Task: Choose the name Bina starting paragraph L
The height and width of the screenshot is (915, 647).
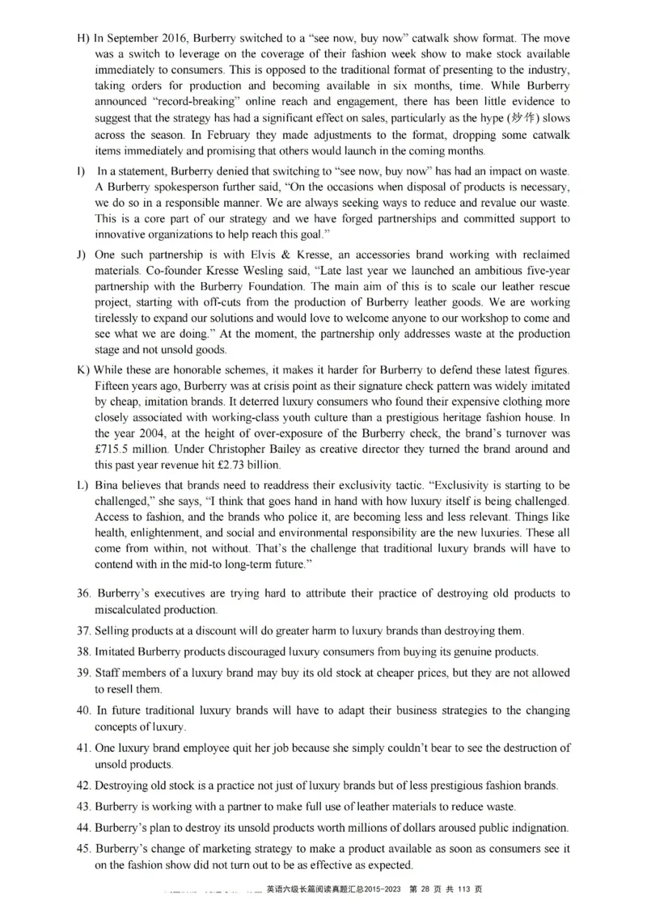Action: pyautogui.click(x=108, y=485)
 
